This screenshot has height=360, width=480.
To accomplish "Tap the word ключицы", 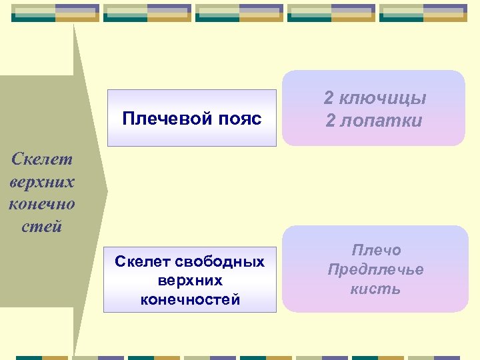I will click(x=383, y=99).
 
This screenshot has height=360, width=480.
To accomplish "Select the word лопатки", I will click(x=383, y=121).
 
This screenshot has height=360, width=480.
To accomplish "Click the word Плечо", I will click(x=376, y=251).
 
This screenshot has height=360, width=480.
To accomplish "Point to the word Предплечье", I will click(x=376, y=270).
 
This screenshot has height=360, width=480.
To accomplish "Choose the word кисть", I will click(x=376, y=289).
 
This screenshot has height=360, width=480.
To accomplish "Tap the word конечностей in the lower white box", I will click(x=190, y=300).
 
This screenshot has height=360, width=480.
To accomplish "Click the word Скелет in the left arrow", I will click(x=41, y=159).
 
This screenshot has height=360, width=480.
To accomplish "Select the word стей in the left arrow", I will click(x=41, y=226).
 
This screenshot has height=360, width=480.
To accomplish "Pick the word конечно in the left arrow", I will click(x=41, y=203).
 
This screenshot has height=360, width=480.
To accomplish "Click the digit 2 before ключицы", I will click(x=329, y=99).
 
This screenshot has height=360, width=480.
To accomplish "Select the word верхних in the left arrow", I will click(x=41, y=181).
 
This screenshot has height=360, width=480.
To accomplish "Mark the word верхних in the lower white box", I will click(x=190, y=281).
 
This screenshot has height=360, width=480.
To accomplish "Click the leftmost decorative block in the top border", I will click(x=55, y=13).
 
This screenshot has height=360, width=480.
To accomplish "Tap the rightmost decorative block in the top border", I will click(x=423, y=13).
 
